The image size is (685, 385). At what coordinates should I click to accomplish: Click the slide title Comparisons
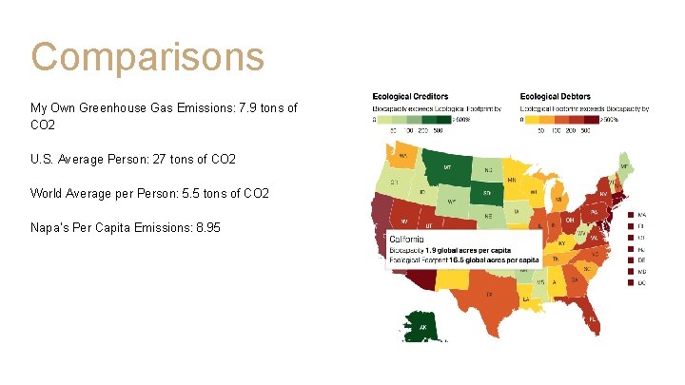click(147, 56)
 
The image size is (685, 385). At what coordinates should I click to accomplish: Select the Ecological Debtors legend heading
click(556, 97)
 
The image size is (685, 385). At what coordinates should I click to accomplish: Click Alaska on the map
click(421, 326)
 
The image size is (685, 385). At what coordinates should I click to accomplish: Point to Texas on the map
click(490, 295)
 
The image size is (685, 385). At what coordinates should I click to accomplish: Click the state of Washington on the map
click(403, 156)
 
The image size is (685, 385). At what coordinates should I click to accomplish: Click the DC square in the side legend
click(629, 283)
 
